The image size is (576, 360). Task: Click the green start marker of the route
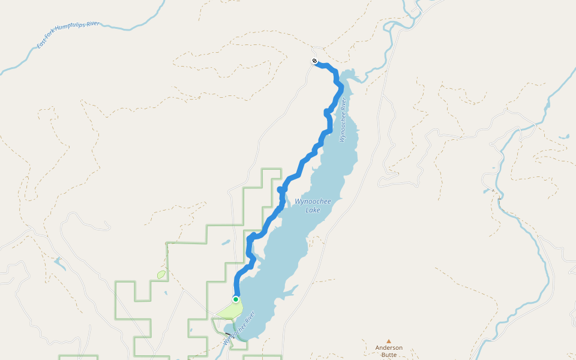tap(236, 299)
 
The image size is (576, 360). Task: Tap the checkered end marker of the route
tap(314, 61)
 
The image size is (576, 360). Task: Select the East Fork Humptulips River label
tap(68, 35)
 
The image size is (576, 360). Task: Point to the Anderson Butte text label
tap(389, 351)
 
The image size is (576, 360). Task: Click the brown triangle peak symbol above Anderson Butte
tap(389, 341)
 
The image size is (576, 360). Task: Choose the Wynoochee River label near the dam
tap(240, 328)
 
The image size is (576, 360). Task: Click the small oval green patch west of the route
tap(161, 274)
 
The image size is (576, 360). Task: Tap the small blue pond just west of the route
tap(225, 243)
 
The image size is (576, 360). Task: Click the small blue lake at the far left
tap(59, 263)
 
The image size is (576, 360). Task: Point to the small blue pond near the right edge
tap(563, 136)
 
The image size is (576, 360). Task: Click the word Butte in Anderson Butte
tap(389, 355)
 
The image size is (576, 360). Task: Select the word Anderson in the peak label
tap(389, 347)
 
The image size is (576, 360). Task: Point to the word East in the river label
tap(41, 44)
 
